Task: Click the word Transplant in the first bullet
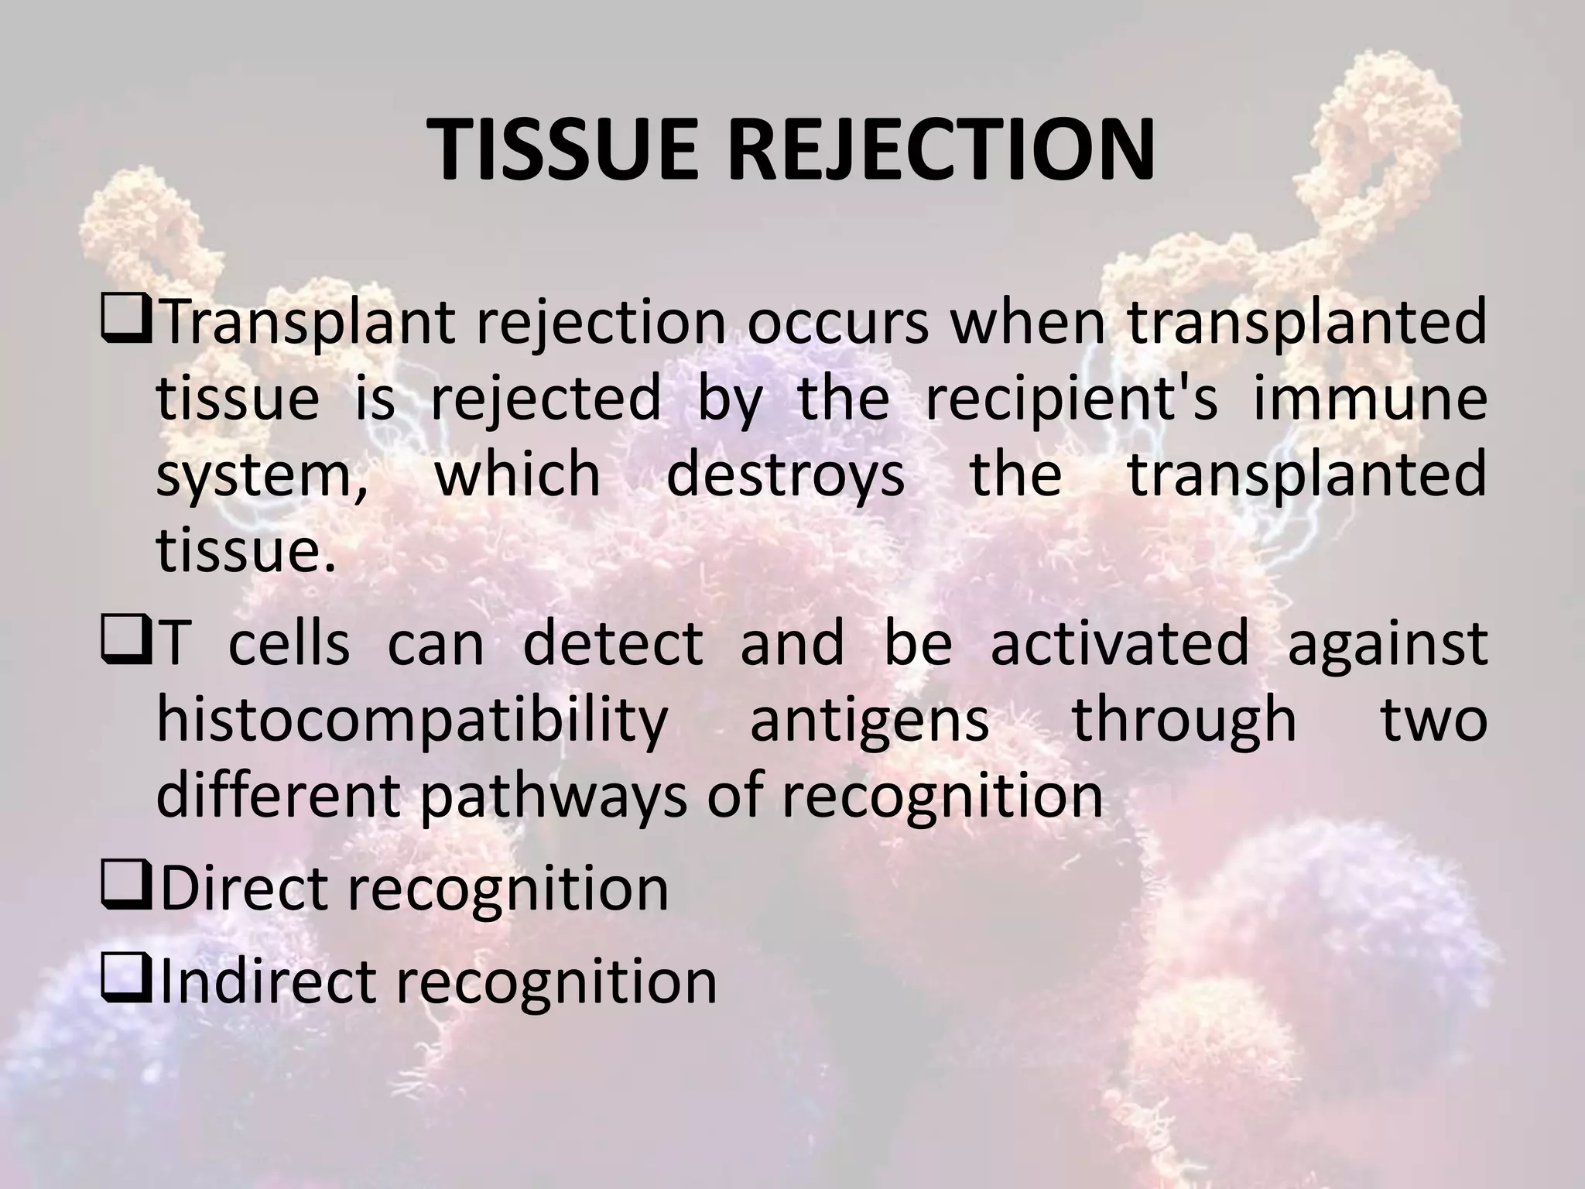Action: tap(308, 324)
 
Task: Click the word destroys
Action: tap(785, 475)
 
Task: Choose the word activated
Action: tap(1120, 642)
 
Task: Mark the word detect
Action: tap(612, 642)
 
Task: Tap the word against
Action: tap(1387, 642)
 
